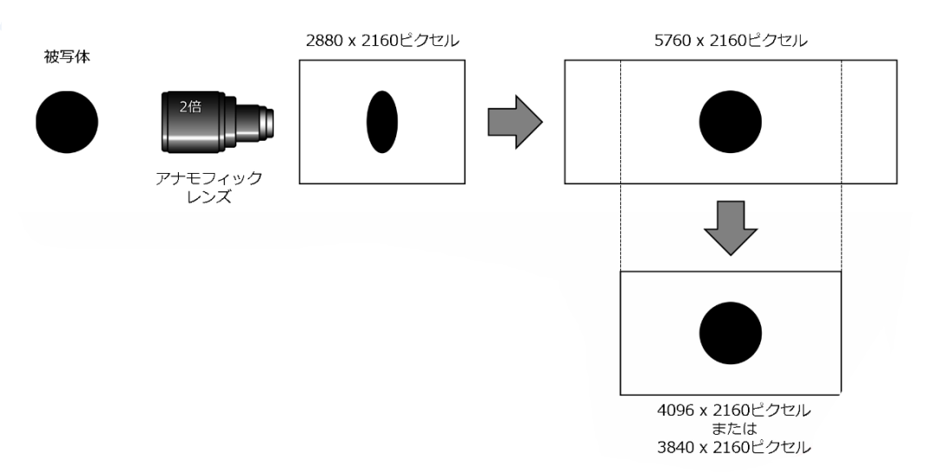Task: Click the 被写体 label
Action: point(67,57)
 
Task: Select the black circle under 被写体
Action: point(67,122)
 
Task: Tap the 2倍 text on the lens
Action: point(190,107)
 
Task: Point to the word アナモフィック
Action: point(208,178)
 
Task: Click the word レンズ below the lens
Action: point(208,197)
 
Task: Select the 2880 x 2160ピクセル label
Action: point(382,41)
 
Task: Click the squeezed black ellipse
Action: point(382,122)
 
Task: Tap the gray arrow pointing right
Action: point(515,122)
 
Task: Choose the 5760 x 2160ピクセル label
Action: point(731,41)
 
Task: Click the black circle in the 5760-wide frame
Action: point(730,122)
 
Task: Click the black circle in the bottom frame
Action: point(730,333)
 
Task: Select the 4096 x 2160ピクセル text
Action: point(734,410)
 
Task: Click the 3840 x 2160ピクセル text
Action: point(734,447)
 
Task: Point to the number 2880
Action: point(326,41)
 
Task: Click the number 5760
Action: point(674,41)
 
